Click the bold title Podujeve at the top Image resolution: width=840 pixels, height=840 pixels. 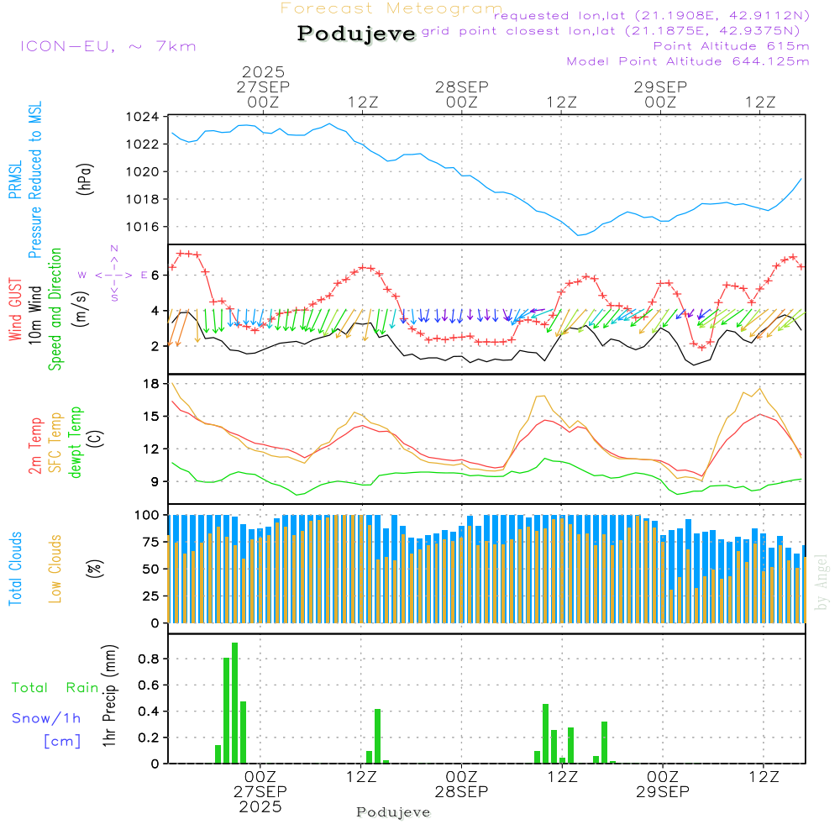click(x=357, y=34)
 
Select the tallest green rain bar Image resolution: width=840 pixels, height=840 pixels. click(x=235, y=703)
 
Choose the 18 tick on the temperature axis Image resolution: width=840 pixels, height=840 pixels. click(x=152, y=384)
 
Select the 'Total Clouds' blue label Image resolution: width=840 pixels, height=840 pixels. click(x=15, y=569)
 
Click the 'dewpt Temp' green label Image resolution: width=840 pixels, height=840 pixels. click(x=76, y=443)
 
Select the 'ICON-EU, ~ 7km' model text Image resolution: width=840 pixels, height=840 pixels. click(x=108, y=46)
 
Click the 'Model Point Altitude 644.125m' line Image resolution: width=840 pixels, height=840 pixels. click(x=688, y=61)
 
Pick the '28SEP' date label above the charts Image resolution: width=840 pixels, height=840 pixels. click(x=461, y=87)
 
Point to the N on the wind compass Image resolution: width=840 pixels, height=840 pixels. click(x=114, y=249)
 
